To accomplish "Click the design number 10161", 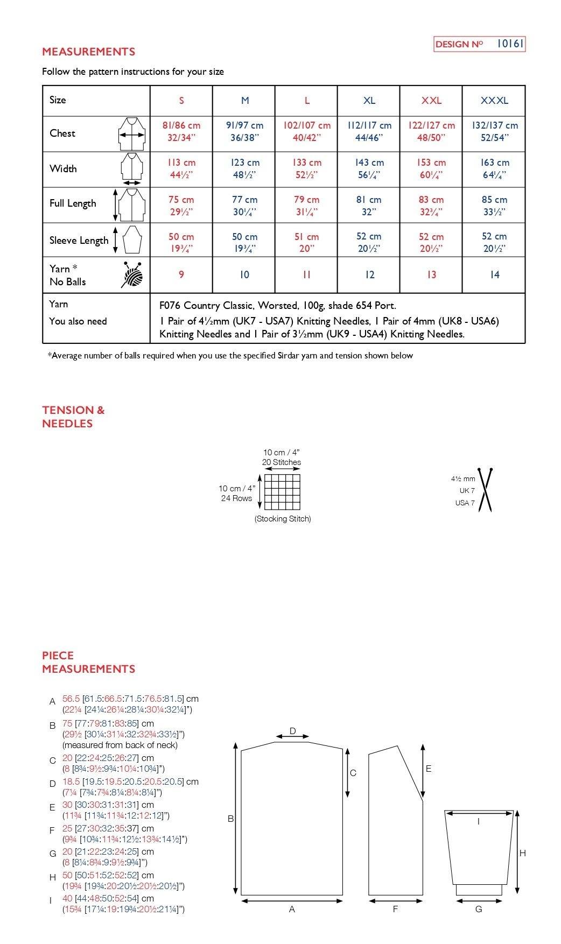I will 509,44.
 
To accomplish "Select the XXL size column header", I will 431,101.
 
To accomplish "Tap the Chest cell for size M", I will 244,131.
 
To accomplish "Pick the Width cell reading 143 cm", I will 369,168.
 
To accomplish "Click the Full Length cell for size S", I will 181,205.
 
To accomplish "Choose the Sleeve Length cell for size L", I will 306,242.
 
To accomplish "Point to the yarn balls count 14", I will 494,275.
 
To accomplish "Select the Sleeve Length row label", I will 79,241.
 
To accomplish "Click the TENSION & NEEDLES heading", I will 73,417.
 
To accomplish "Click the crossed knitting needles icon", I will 486,490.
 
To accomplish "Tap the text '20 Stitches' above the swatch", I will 282,462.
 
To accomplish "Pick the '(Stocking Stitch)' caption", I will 283,519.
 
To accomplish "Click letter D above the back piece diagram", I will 293,731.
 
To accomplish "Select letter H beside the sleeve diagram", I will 522,853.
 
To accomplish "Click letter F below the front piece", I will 395,909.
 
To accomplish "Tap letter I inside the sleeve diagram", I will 479,821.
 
